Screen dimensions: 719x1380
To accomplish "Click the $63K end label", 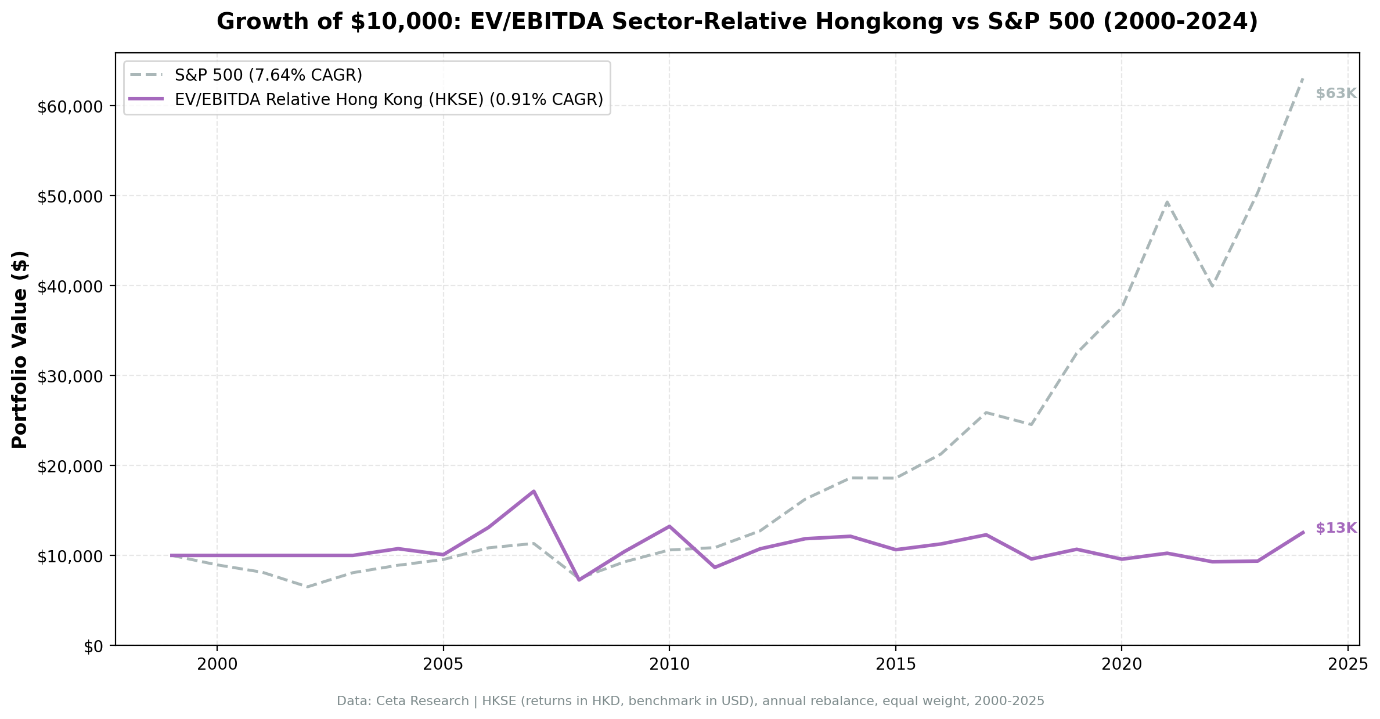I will coord(1335,93).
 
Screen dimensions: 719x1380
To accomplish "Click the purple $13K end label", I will coord(1335,528).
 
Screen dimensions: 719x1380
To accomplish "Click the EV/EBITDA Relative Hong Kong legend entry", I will coord(388,99).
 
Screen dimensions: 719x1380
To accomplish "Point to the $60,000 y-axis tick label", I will coord(70,106).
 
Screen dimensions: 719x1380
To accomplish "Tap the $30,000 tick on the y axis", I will coord(70,376).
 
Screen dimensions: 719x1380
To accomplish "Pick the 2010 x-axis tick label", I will coord(669,665).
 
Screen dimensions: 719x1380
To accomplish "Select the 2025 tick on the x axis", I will coord(1347,665).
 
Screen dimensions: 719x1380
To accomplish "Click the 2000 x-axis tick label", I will coord(217,665).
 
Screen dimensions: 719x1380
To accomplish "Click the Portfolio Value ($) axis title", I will coord(20,349).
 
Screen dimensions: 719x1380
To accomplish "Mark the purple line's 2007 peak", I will coord(533,491).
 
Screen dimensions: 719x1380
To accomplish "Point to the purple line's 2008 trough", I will coord(579,580).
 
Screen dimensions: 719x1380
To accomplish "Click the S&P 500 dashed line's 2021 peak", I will coord(1166,202).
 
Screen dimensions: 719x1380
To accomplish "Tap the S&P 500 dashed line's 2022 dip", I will coord(1212,286).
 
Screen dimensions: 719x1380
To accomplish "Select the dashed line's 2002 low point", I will coord(307,587).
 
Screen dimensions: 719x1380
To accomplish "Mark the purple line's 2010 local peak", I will coord(669,526).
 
